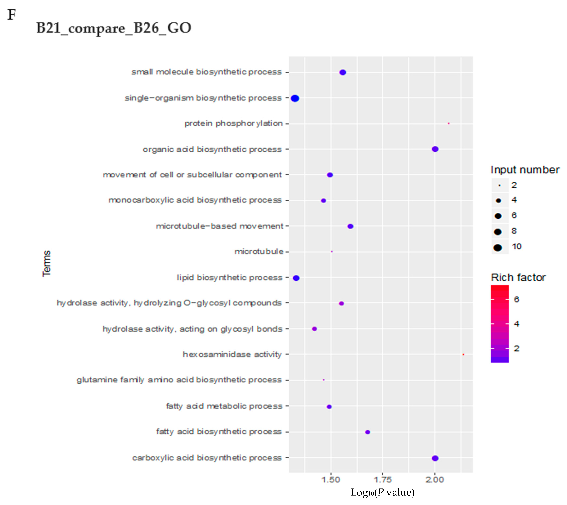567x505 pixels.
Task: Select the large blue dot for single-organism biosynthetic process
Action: [x=295, y=98]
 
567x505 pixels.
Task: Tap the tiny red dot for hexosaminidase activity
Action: [x=463, y=354]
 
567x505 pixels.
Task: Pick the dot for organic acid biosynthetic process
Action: [x=435, y=149]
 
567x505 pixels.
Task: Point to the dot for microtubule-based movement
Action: [x=350, y=226]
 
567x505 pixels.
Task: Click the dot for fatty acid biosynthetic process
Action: [x=367, y=432]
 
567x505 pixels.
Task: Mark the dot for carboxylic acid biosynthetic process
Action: [x=435, y=458]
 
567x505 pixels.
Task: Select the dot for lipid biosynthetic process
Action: [x=296, y=278]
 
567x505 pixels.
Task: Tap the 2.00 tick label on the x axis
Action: [x=435, y=480]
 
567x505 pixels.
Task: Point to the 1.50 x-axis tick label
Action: [x=330, y=480]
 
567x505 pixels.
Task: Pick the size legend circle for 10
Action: [x=498, y=247]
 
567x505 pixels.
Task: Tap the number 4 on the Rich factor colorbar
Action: [x=516, y=324]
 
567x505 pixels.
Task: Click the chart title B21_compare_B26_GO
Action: [x=113, y=28]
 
